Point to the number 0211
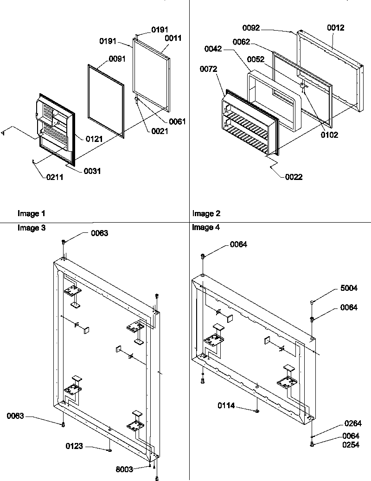[55, 177]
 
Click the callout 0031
[92, 171]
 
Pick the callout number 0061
[177, 122]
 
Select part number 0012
[336, 28]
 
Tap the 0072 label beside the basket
[209, 69]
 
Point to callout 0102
[330, 135]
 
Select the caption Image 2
[206, 214]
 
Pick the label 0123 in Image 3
[74, 446]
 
